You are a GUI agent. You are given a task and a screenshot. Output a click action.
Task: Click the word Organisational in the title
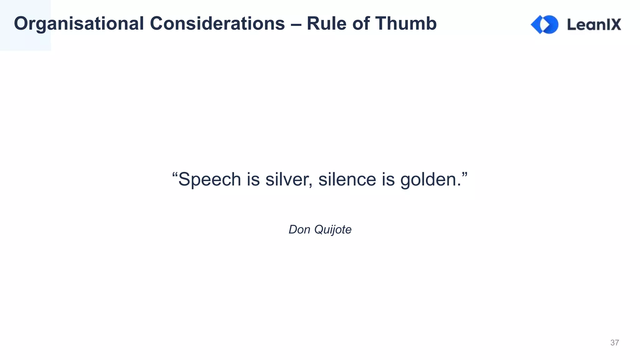(x=79, y=24)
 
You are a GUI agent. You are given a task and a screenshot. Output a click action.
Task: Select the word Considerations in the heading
(x=217, y=24)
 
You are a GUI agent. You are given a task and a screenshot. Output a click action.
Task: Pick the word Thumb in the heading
(x=406, y=24)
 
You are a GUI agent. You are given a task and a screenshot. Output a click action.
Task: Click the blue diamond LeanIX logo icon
(x=545, y=24)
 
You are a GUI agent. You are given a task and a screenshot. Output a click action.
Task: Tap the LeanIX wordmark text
(x=594, y=24)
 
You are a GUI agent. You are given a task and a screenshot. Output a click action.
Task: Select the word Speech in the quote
(x=210, y=180)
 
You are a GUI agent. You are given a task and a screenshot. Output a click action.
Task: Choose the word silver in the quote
(x=287, y=180)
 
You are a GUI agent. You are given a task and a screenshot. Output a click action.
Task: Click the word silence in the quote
(x=347, y=180)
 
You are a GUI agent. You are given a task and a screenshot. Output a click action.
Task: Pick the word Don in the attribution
(x=299, y=230)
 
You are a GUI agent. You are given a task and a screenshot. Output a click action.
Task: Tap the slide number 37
(x=614, y=343)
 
